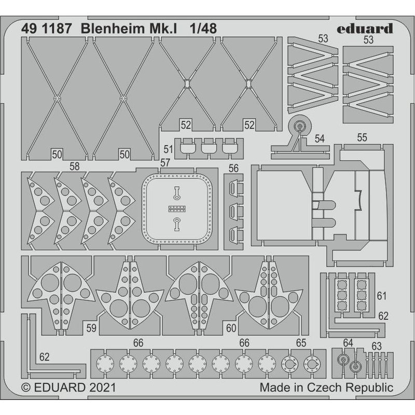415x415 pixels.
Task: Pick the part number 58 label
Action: click(75, 165)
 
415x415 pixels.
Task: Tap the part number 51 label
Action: click(168, 149)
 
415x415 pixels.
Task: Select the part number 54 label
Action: click(320, 139)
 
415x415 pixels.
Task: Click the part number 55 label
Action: click(362, 137)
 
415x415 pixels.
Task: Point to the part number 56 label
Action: click(233, 168)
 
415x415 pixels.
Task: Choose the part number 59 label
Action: click(91, 328)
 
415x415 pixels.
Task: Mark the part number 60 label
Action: click(231, 328)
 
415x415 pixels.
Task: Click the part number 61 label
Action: click(382, 296)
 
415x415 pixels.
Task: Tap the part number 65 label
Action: click(301, 343)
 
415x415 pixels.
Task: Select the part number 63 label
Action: click(377, 346)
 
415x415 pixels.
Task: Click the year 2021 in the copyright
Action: click(102, 388)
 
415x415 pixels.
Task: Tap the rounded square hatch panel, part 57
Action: click(177, 207)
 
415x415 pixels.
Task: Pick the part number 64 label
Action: click(348, 343)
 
